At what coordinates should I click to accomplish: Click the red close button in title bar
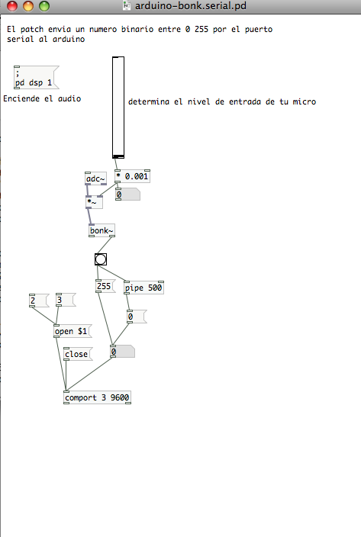tap(12, 6)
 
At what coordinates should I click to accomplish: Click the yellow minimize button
tap(28, 6)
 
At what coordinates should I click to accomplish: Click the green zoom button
tap(44, 6)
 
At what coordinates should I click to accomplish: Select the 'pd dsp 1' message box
tap(36, 77)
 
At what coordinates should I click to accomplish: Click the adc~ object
tap(95, 178)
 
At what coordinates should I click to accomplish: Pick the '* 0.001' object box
tap(132, 176)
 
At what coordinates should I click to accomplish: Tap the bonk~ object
tap(102, 230)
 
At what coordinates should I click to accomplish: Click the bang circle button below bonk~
tap(101, 259)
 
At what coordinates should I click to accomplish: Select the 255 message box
tap(105, 286)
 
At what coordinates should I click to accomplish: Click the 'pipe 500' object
tap(143, 288)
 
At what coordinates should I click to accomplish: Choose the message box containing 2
tap(39, 301)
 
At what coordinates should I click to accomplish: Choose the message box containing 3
tap(66, 300)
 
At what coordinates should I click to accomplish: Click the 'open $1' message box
tap(73, 331)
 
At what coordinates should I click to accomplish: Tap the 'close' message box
tap(78, 354)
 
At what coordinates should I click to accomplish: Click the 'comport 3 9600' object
tap(97, 397)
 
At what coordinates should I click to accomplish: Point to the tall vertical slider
tap(118, 108)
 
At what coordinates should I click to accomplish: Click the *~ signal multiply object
tap(94, 202)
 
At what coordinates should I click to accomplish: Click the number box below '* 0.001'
tap(127, 195)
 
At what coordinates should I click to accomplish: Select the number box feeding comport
tap(122, 352)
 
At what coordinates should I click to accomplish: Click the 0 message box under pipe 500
tap(137, 317)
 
